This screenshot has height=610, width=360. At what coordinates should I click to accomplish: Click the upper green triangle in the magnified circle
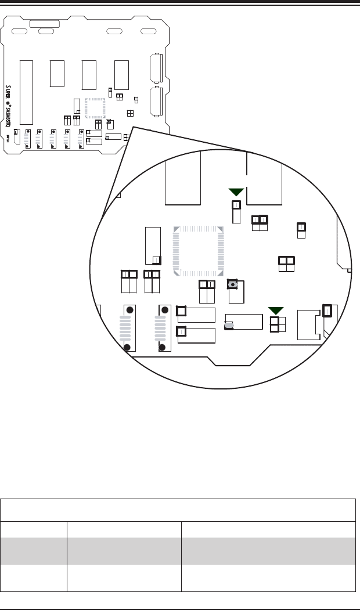(x=236, y=192)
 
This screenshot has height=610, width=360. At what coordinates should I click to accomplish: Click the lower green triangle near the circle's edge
(x=275, y=310)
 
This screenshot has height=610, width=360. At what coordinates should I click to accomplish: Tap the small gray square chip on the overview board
(x=95, y=109)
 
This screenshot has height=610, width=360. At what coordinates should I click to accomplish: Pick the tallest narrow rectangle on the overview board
(x=26, y=92)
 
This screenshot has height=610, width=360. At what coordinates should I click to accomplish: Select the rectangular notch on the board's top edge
(x=44, y=23)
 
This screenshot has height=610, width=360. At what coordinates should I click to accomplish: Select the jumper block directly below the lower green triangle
(x=275, y=325)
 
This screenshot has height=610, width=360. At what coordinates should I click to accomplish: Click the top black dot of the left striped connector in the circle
(x=130, y=310)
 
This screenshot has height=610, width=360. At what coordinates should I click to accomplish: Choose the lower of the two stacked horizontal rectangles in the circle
(x=196, y=335)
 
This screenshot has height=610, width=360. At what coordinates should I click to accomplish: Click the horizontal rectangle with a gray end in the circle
(x=244, y=322)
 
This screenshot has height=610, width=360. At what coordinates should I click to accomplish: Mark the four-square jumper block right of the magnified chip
(x=286, y=264)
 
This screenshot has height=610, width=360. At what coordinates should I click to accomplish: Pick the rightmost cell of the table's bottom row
(x=268, y=578)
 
